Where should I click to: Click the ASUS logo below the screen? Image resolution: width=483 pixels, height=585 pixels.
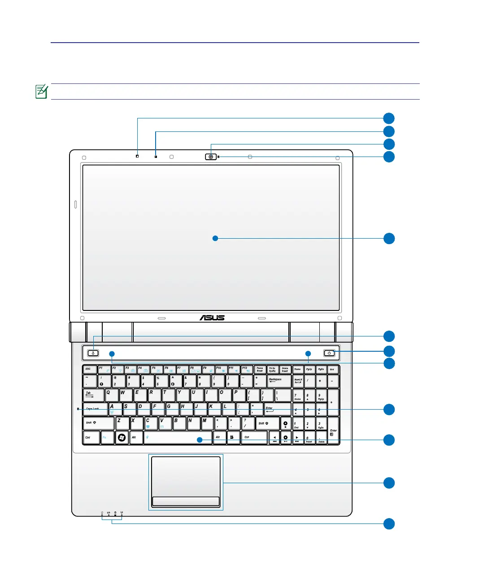click(x=212, y=318)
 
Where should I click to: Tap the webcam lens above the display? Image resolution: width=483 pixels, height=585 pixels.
click(x=210, y=157)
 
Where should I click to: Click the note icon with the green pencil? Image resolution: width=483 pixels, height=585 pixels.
click(x=41, y=91)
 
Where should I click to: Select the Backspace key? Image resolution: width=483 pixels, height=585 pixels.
click(x=279, y=381)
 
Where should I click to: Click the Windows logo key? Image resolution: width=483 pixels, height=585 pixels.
click(x=122, y=437)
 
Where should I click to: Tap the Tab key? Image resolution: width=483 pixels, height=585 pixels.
click(x=93, y=395)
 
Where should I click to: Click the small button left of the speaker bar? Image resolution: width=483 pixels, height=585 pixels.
click(x=93, y=353)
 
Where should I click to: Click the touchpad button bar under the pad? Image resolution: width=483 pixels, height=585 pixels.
click(x=186, y=501)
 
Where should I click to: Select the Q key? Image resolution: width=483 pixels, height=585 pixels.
click(x=111, y=395)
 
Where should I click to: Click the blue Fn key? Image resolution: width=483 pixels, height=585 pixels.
click(x=107, y=437)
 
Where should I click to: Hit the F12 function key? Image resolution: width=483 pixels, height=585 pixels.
click(x=247, y=369)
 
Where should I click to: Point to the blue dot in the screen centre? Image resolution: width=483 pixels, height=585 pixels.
click(x=215, y=238)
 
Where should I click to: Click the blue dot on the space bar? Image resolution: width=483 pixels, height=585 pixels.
click(x=200, y=440)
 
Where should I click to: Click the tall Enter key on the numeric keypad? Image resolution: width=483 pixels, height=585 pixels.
click(x=333, y=431)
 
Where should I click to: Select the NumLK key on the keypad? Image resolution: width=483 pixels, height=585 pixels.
click(x=298, y=381)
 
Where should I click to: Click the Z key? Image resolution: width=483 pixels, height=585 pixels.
click(x=122, y=423)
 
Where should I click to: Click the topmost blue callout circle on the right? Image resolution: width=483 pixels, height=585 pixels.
click(x=389, y=118)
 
